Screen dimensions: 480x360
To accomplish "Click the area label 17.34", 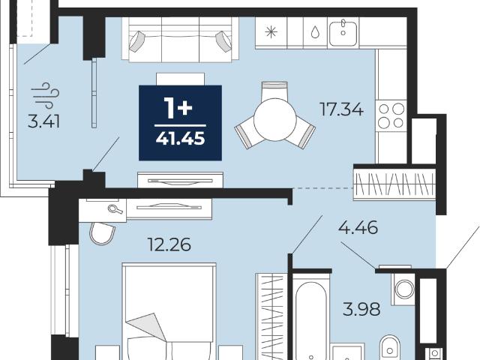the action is [341, 109].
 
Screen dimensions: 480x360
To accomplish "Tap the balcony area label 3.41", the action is [43, 121].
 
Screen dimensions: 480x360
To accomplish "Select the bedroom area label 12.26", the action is [169, 244].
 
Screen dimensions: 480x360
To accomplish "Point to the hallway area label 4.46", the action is [358, 227].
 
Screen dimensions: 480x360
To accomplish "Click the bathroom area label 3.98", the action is [361, 309].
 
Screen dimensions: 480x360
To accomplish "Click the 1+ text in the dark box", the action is [178, 108].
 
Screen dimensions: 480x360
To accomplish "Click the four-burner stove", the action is [391, 115].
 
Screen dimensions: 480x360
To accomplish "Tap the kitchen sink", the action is [343, 31].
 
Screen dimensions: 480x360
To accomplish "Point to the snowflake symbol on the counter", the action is [271, 31].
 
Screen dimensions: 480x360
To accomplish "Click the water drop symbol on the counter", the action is [315, 32].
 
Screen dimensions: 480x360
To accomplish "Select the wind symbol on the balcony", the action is [45, 95].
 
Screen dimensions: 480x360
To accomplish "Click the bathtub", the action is [310, 318].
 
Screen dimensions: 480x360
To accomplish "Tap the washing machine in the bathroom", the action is [404, 289].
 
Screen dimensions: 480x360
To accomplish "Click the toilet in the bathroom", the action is [390, 347].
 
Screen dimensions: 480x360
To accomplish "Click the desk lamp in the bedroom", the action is [115, 209].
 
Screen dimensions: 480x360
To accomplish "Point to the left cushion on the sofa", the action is [136, 41].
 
